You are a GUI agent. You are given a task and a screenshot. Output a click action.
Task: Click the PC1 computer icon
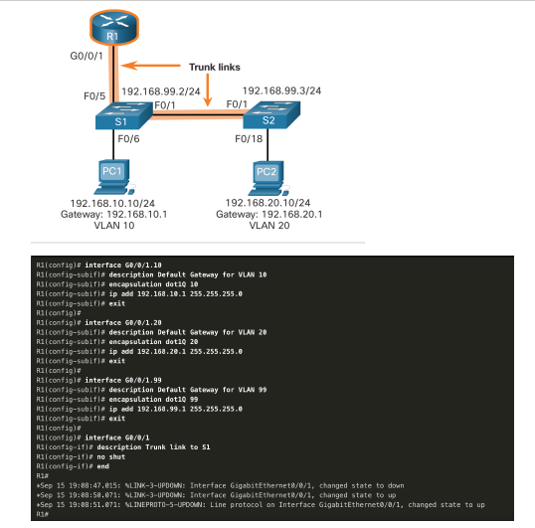coord(113,174)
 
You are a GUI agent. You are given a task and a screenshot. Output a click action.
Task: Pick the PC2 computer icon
coord(267,174)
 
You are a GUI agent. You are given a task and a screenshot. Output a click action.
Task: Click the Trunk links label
coord(216,67)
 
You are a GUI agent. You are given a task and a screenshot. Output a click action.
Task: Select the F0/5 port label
coord(92,96)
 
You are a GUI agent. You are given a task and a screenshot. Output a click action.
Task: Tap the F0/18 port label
coord(249,140)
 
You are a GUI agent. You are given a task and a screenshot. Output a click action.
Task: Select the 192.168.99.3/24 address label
coord(281,88)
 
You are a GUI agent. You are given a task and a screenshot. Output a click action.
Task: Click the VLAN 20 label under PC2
coord(266,226)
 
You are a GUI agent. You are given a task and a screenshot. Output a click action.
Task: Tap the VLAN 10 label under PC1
coord(113,226)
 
